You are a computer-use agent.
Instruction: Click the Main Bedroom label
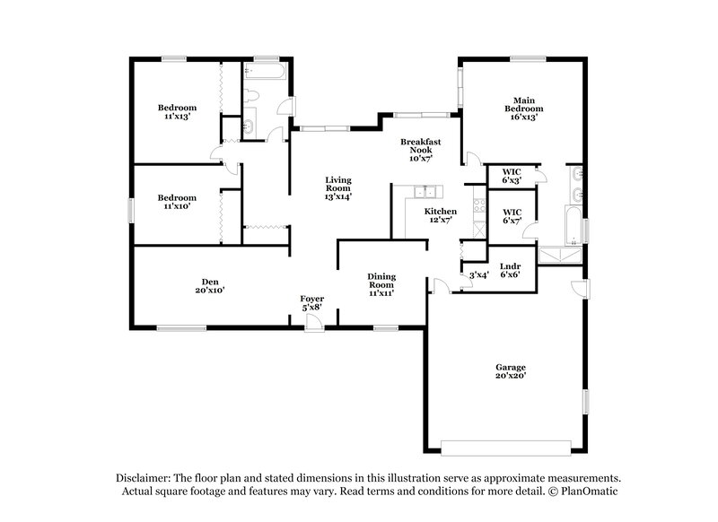(x=525, y=108)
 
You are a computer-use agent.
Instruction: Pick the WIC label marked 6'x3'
(x=512, y=176)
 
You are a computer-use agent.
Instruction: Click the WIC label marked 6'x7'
(x=512, y=215)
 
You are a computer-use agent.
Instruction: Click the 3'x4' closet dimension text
(x=479, y=274)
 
